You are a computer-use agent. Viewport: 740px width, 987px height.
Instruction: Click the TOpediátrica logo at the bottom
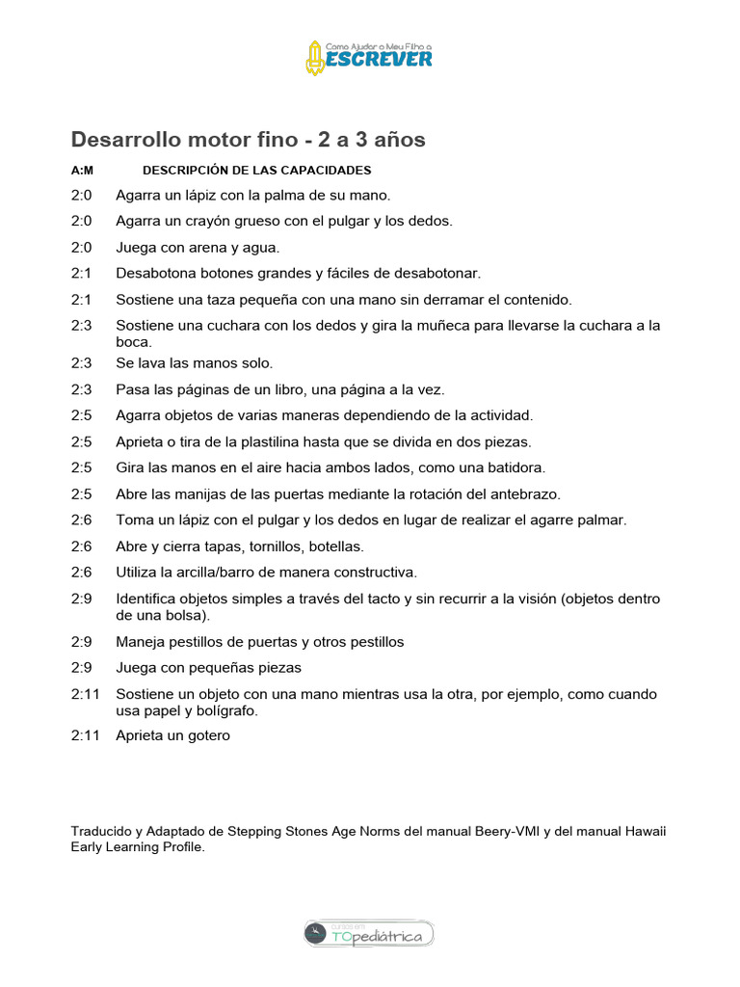[x=369, y=933]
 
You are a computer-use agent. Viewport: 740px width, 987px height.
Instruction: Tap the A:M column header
[x=81, y=171]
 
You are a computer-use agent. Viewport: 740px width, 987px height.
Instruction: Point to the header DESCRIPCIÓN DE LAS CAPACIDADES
[x=256, y=171]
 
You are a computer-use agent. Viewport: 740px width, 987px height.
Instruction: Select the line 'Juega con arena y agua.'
[x=198, y=247]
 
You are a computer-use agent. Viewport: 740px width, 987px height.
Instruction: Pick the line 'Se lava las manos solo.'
[x=194, y=363]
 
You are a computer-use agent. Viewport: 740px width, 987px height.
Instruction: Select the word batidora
[x=511, y=467]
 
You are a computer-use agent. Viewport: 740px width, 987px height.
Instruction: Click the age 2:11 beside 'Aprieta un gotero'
[x=85, y=735]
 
